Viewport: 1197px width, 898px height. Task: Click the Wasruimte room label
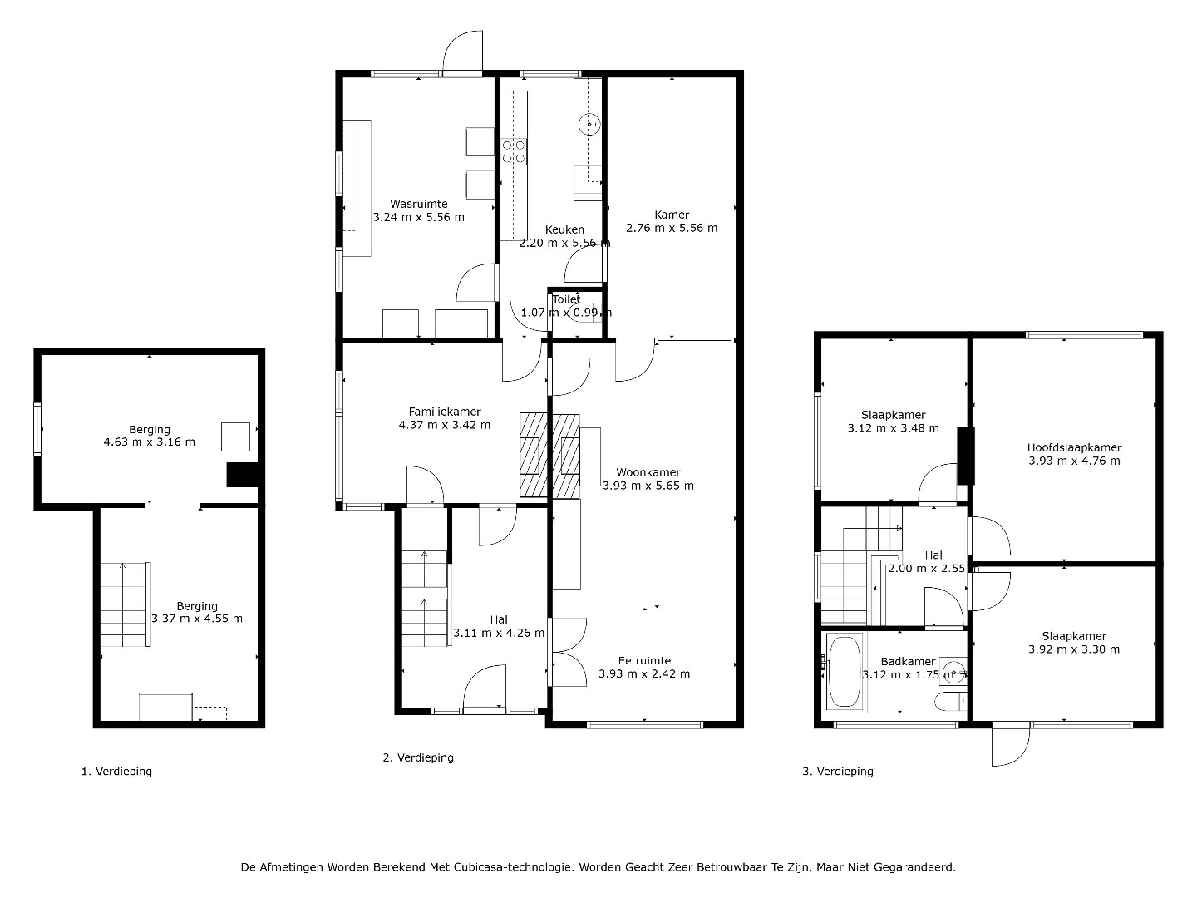(419, 204)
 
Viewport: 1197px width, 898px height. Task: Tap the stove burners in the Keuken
(514, 152)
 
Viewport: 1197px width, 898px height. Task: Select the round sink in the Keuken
(589, 125)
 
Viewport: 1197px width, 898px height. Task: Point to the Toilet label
(566, 299)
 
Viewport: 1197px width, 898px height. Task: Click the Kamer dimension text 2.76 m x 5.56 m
(672, 228)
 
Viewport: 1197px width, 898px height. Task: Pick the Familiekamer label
(445, 412)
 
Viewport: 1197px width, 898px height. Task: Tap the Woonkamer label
(648, 472)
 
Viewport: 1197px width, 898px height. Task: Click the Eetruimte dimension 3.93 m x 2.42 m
(644, 673)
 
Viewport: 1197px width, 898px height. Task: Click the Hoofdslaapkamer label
(1074, 447)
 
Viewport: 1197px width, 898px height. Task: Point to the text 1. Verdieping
(116, 772)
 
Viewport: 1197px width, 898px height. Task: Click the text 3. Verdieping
(838, 772)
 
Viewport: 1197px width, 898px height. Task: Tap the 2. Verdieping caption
(418, 757)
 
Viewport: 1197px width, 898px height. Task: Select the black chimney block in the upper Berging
(242, 475)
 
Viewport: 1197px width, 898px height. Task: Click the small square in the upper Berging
(235, 437)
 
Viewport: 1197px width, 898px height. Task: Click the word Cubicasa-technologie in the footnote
(514, 867)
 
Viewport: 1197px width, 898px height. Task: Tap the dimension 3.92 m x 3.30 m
(1074, 649)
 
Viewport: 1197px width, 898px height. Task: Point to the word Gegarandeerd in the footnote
(914, 867)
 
